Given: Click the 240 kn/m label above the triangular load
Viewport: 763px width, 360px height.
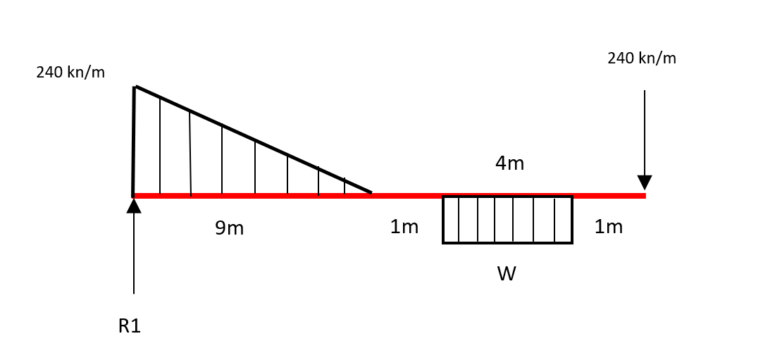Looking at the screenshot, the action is tap(70, 72).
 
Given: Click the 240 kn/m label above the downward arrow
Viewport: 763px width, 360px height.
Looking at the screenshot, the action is tap(641, 58).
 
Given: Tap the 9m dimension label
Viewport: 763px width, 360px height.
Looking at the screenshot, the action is tap(230, 228).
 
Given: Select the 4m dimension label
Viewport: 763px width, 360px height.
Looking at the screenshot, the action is tap(509, 163).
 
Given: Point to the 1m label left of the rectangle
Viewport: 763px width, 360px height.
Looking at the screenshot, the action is tap(404, 227).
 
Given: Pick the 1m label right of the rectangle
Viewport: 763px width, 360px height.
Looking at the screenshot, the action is tap(608, 227).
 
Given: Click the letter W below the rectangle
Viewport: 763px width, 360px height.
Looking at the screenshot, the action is tap(507, 274).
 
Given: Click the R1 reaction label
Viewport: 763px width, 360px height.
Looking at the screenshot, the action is tap(130, 326).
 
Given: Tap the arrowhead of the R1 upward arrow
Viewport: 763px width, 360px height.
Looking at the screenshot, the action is tap(134, 206).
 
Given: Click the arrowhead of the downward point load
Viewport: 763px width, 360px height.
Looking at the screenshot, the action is tap(644, 182).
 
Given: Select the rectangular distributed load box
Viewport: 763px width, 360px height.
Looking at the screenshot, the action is tap(507, 220).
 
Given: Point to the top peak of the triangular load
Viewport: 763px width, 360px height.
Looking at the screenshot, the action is tap(135, 87).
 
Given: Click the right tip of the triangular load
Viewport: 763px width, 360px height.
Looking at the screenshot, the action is tap(371, 192).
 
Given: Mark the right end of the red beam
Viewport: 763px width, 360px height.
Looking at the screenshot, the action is tap(644, 196).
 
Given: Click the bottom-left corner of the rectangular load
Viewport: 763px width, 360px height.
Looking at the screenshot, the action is tap(443, 242).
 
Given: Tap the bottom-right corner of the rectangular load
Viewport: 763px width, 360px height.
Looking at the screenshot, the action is tap(571, 242).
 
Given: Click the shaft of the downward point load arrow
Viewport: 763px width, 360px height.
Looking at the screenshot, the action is tap(644, 134).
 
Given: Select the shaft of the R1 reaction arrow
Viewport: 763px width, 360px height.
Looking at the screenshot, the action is tap(134, 254).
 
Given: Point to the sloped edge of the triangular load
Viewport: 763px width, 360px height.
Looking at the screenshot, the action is tap(254, 139).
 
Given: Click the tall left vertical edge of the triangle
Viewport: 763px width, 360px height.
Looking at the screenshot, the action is tap(134, 141).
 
